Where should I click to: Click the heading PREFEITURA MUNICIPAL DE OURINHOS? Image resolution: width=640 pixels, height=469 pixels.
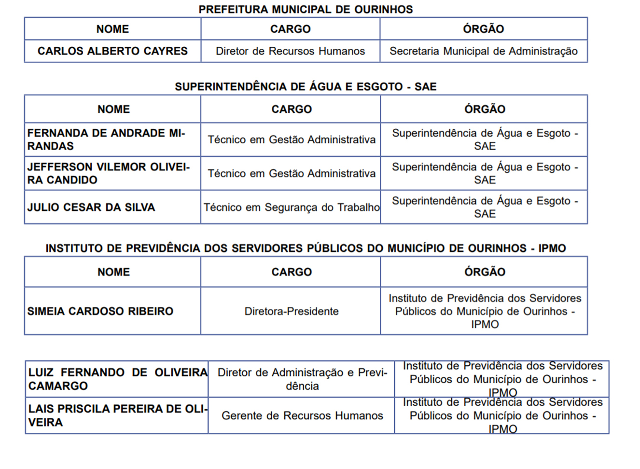[306, 9]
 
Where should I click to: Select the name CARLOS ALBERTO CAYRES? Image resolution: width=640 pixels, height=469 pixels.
[112, 51]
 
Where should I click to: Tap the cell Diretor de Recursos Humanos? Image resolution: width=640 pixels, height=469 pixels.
[290, 51]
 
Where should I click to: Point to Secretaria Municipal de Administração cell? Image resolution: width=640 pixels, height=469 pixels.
[483, 51]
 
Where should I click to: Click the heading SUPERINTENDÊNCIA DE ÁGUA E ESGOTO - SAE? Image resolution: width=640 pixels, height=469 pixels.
[306, 87]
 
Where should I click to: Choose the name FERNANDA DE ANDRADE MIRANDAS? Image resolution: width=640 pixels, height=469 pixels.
[106, 139]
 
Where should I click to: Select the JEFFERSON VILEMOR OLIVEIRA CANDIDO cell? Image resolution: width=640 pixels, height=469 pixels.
[109, 173]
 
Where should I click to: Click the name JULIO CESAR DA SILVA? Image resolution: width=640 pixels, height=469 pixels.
[91, 207]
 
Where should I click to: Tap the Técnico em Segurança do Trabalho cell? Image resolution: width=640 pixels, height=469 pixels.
[291, 207]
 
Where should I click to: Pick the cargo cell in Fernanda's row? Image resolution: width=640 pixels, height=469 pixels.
[291, 139]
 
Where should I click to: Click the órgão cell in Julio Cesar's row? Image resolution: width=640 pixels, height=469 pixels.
[485, 207]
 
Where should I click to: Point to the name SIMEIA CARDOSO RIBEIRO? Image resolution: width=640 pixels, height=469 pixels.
[100, 311]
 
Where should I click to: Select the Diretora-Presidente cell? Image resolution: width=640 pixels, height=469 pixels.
[291, 311]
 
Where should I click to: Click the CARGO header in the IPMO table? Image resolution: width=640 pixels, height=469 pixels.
[291, 272]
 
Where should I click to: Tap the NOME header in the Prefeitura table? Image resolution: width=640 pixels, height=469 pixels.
[112, 29]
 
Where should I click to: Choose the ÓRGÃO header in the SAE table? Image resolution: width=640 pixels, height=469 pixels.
[485, 109]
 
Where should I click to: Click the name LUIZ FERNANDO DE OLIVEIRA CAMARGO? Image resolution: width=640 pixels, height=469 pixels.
[117, 379]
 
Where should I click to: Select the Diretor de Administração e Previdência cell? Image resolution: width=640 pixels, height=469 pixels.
[302, 379]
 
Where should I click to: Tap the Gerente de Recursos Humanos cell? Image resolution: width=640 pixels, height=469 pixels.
[302, 415]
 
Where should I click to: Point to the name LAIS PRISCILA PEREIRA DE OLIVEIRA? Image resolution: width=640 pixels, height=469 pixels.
[117, 415]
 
